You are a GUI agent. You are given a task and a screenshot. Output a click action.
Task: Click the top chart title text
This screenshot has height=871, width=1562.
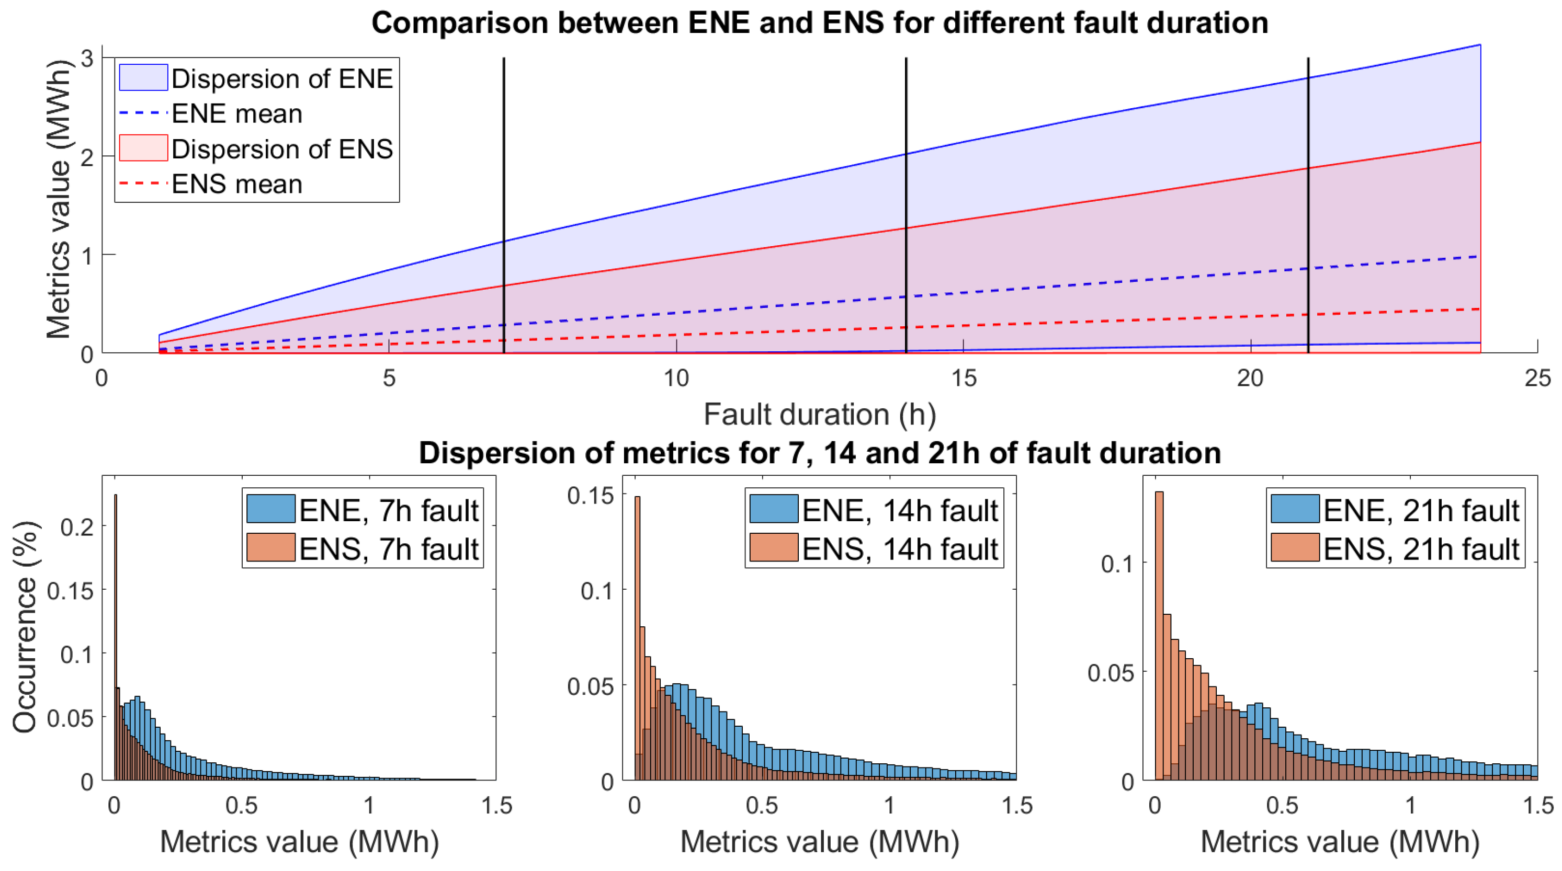pos(819,23)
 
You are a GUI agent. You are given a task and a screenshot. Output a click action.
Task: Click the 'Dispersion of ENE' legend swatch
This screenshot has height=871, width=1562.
pos(143,77)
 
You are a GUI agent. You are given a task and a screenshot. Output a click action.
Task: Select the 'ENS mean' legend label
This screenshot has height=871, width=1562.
pos(236,184)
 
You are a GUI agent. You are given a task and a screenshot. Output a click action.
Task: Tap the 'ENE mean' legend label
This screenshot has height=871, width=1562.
pos(236,114)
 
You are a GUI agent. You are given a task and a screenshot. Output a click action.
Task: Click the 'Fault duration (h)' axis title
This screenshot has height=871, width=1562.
pos(819,415)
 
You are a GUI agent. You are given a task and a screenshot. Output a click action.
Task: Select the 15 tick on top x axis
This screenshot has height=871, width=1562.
pos(964,378)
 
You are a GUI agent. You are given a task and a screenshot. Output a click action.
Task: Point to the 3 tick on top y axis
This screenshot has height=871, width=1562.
pos(87,58)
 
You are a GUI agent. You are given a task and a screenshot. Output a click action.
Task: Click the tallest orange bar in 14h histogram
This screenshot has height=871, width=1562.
pos(637,636)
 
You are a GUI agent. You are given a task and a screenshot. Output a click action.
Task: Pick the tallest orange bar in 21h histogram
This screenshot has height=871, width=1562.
pos(1159,636)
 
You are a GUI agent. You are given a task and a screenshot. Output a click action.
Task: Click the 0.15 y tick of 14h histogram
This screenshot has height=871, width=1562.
pos(590,495)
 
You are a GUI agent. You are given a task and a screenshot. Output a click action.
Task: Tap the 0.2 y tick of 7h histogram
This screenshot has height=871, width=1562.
pos(77,526)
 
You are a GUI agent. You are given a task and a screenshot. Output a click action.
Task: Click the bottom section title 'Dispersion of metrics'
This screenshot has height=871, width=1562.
pos(819,453)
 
